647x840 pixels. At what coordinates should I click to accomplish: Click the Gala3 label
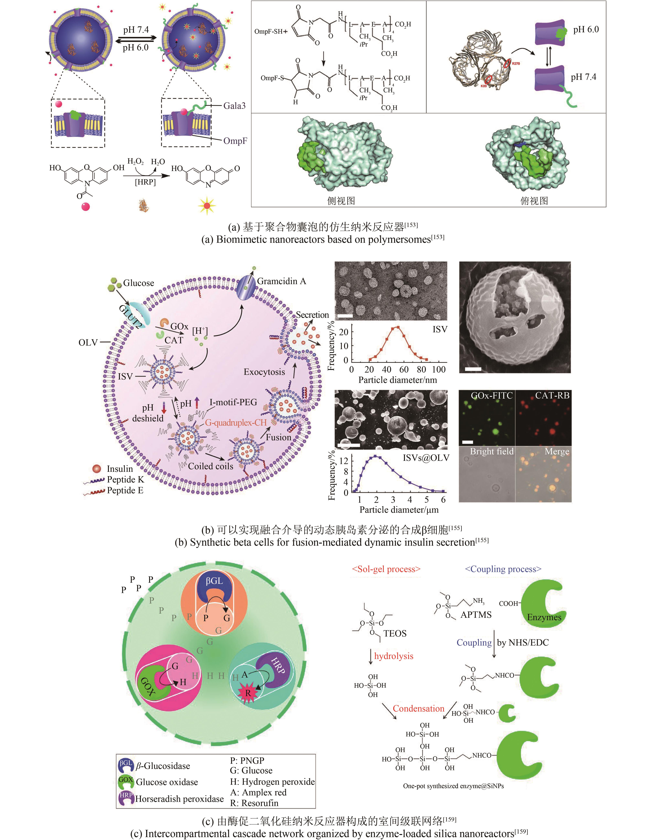(234, 106)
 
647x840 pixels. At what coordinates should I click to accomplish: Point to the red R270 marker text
(516, 64)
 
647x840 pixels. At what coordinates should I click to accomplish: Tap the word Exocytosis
(264, 372)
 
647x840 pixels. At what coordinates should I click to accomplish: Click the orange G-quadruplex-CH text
(236, 423)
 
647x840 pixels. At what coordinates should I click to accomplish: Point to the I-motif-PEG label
(233, 402)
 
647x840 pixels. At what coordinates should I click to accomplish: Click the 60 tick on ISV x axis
(404, 370)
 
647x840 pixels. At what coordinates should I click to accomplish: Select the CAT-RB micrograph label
(552, 395)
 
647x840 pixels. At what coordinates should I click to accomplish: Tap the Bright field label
(492, 452)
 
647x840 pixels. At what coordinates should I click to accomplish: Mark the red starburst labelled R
(248, 704)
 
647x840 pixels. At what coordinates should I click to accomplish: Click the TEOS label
(395, 633)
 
